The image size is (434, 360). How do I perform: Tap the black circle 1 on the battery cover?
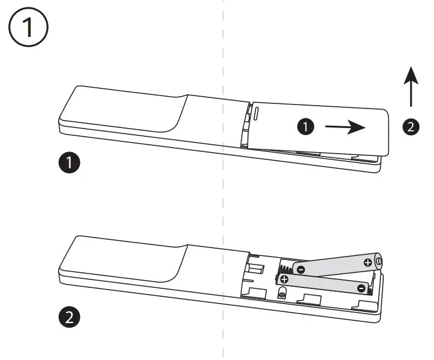click(x=305, y=127)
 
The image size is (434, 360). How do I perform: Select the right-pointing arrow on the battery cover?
click(x=345, y=127)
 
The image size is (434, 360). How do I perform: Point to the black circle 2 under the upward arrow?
click(x=411, y=127)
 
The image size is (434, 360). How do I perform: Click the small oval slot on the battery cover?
click(x=257, y=114)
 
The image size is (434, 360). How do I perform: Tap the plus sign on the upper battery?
click(x=367, y=262)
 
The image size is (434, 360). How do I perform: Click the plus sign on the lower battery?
click(x=285, y=278)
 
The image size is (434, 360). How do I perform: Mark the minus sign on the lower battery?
click(x=361, y=288)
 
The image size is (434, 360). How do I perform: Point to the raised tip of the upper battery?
click(x=379, y=261)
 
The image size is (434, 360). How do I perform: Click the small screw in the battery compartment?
click(x=283, y=293)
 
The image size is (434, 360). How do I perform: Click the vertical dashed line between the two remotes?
click(x=223, y=212)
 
